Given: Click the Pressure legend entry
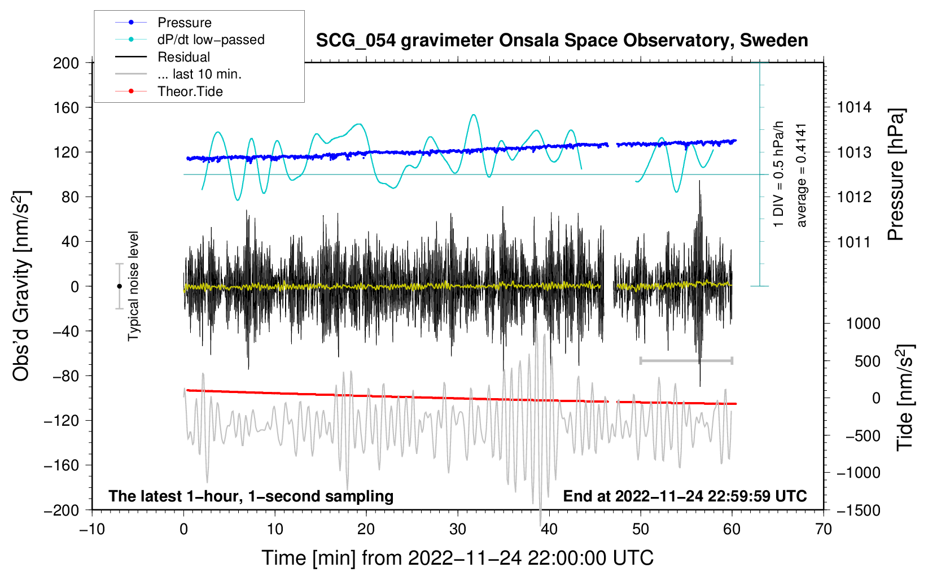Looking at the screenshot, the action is tap(164, 22).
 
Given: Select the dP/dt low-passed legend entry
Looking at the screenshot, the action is tap(190, 40).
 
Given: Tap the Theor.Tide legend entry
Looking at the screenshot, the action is tap(169, 91).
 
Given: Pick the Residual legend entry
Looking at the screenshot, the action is tap(163, 57).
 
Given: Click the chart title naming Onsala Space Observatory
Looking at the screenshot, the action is tap(562, 41).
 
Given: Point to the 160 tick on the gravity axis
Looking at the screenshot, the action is tap(66, 108).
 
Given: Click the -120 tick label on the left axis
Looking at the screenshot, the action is tap(62, 420).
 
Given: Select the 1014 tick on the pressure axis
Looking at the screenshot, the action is tap(854, 108).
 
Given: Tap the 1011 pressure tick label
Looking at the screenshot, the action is tap(853, 242).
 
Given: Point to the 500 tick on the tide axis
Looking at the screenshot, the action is tap(867, 361).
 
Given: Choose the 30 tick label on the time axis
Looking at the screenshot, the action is tap(458, 530).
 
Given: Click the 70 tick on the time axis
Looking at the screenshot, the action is tap(823, 530).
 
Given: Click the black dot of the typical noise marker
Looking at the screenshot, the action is tap(119, 286).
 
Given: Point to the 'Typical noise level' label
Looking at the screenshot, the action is tap(133, 286).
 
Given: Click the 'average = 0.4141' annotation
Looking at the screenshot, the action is tap(800, 176).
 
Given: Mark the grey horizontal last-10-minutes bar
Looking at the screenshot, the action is tap(686, 360).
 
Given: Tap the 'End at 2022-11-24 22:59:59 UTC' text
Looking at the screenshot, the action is tap(685, 496).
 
